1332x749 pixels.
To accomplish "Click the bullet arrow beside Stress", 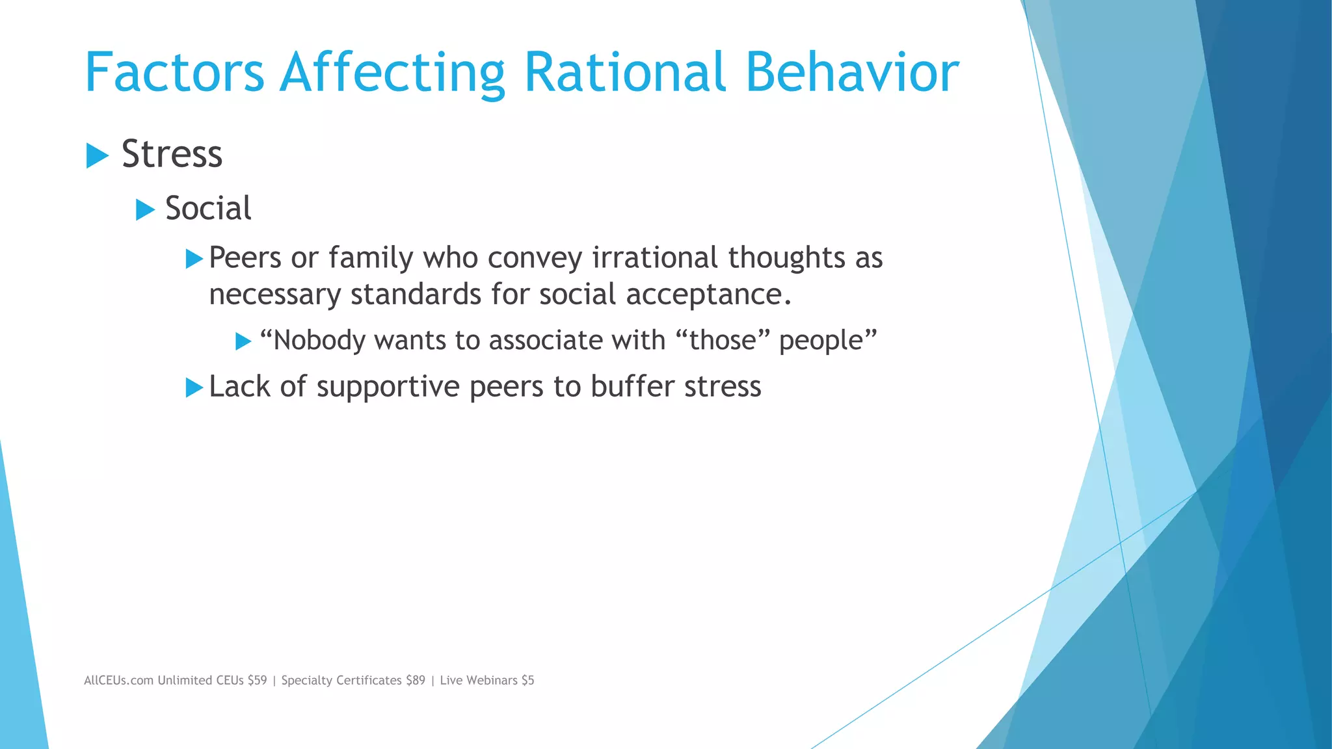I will (x=97, y=155).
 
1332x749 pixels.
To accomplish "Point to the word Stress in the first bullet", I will (x=172, y=154).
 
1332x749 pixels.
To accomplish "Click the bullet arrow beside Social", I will (x=145, y=210).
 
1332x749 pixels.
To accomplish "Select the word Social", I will (x=208, y=209).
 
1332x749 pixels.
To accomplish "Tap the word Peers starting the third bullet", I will (x=245, y=257).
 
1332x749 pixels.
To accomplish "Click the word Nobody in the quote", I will (x=319, y=341).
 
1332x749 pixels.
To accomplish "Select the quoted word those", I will (x=723, y=341).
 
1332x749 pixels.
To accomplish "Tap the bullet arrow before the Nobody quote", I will (x=243, y=341).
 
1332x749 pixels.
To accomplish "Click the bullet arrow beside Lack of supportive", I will (x=194, y=388).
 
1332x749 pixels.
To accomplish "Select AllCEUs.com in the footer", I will (x=118, y=681).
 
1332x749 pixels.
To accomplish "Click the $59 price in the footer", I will (x=257, y=681).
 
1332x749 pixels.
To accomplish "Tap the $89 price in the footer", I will (x=415, y=681).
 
